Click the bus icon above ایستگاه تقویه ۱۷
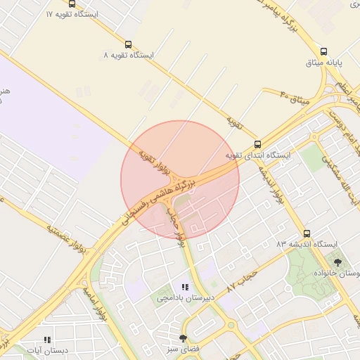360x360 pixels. [72, 4]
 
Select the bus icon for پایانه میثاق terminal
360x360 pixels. [323, 51]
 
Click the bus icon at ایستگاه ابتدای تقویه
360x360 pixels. [257, 143]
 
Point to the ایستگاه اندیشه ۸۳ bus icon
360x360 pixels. [306, 233]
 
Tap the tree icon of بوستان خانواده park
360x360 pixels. [337, 262]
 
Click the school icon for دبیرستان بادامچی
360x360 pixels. [185, 287]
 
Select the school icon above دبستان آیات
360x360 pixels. [46, 339]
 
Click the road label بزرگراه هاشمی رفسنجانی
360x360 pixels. [169, 193]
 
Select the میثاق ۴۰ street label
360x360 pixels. [295, 99]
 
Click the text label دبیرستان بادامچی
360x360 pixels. [184, 298]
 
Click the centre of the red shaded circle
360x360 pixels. [180, 179]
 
